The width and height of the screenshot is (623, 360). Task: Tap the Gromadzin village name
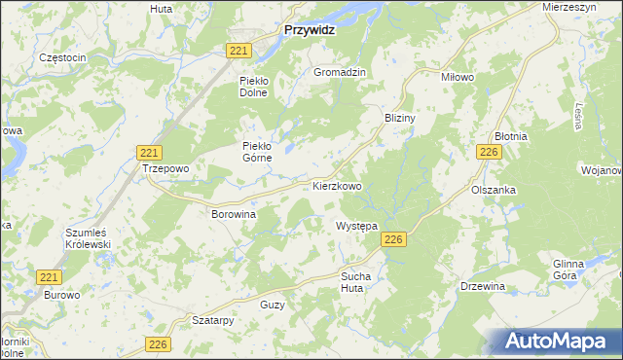[339, 73]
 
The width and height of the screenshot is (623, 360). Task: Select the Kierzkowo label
[338, 185]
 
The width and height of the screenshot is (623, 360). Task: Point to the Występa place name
[356, 226]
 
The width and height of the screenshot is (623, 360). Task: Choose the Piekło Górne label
[262, 152]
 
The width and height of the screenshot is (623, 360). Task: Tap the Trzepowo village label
[165, 168]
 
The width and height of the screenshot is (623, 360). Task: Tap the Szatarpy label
[214, 319]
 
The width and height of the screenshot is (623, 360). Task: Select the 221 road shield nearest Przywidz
[240, 50]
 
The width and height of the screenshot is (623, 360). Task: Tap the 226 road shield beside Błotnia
[490, 152]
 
